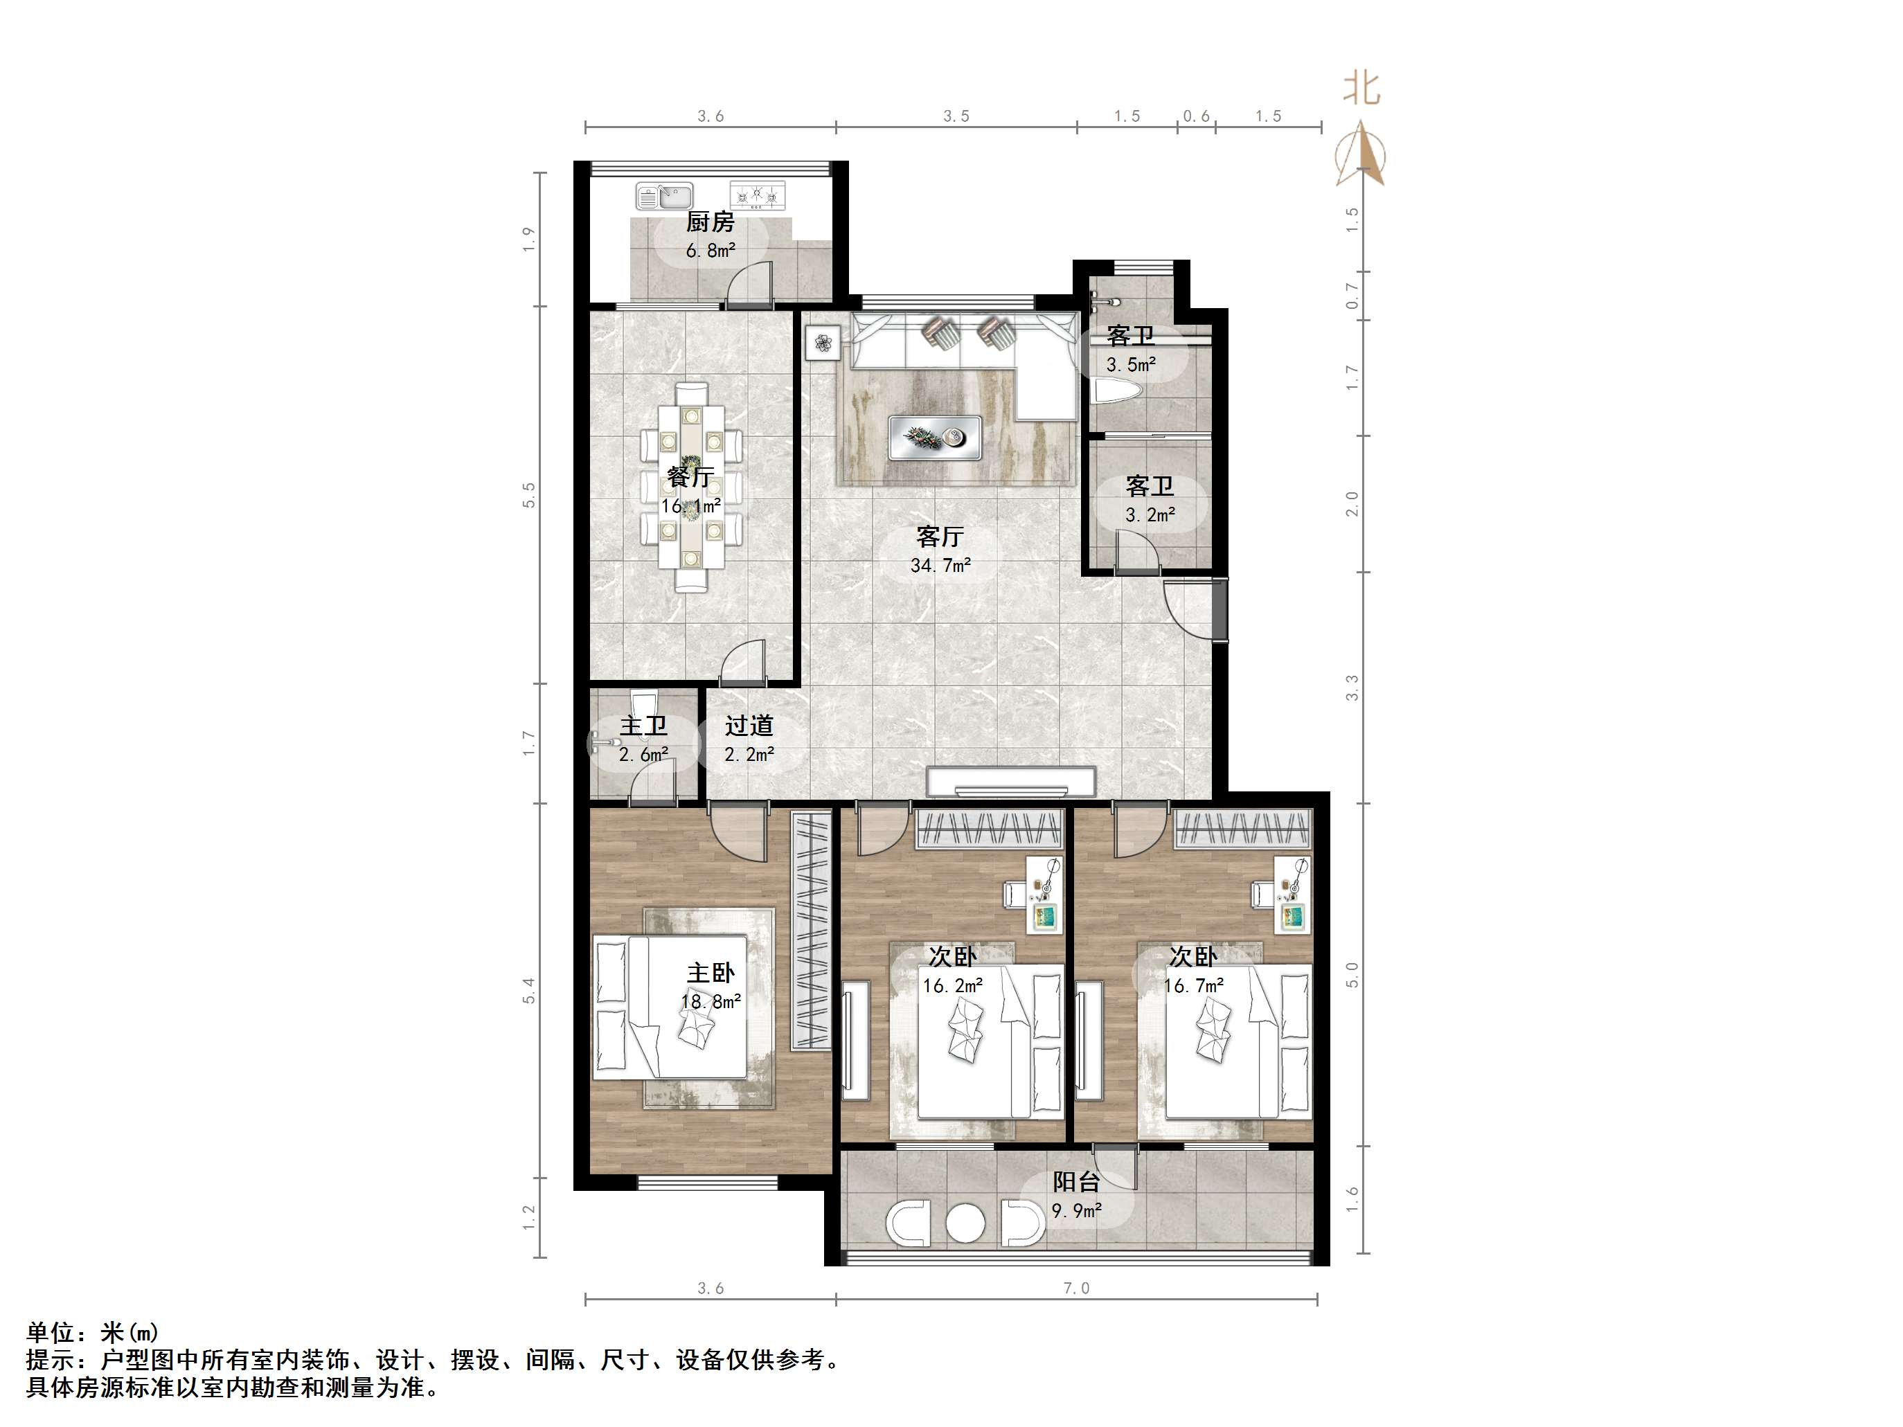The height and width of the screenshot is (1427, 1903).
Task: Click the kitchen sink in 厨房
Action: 664,196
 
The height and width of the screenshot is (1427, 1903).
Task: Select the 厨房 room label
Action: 710,222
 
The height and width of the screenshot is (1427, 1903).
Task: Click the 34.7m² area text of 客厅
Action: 940,565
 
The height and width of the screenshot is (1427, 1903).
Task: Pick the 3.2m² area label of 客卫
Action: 1150,515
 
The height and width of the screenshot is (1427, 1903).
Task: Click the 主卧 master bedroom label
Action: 711,973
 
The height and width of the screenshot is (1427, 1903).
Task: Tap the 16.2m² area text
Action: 952,986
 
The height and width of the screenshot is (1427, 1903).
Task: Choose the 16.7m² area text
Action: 1193,986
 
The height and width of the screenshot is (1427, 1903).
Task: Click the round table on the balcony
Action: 965,1222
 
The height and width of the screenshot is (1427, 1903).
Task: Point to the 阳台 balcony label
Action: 1076,1182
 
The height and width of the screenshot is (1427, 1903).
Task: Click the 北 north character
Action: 1362,88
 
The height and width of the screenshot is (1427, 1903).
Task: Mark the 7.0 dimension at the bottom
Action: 1076,1289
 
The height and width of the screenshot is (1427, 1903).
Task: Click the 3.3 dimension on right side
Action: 1352,688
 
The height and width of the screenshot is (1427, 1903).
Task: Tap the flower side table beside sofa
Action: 824,344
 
